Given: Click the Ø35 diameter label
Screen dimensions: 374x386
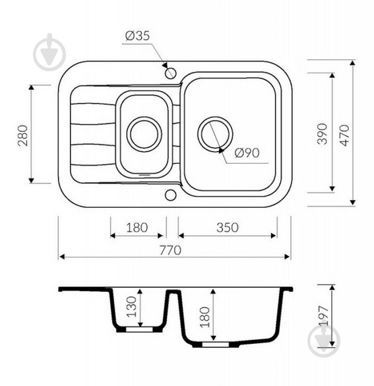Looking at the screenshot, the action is pos(137,36).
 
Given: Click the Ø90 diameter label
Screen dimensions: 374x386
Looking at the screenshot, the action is pos(247,153).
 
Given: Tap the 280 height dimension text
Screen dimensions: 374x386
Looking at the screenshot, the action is pos(24,135).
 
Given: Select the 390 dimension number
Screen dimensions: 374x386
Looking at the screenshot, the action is pos(323,133).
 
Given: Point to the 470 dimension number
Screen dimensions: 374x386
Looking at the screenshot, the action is pos(344,135).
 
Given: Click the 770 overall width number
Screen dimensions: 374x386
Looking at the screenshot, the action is pos(170,250).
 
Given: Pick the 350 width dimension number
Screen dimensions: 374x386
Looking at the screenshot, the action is pos(228,228).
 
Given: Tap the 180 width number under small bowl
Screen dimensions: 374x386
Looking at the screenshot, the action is pos(137,228).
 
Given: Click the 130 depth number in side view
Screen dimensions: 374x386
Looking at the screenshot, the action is pos(131,306).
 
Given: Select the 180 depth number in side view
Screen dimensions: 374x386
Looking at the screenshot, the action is pos(204,317).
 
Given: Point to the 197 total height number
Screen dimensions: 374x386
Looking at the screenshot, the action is pos(323,316).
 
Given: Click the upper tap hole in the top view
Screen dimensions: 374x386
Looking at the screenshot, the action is pos(170,73).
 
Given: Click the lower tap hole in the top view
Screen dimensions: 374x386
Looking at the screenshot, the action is pos(170,195).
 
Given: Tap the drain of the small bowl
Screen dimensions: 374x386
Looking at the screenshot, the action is pos(144,135).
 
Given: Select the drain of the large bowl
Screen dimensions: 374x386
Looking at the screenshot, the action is pos(215,135).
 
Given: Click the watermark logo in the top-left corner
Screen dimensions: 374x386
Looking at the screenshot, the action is pos(49,52).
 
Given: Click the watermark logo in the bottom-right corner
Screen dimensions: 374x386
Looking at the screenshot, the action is pos(324,340).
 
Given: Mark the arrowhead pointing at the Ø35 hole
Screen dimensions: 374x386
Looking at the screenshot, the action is pos(165,65).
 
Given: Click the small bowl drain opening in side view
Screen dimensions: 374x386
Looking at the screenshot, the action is pos(139,330).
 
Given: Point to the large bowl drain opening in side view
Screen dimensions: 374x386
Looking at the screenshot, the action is pos(216,344).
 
